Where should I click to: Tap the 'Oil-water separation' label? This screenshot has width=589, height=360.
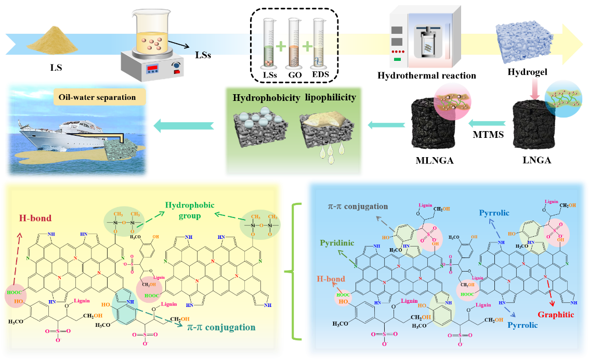98,97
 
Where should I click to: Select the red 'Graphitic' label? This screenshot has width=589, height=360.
556,314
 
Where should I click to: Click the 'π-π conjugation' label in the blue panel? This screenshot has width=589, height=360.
358,207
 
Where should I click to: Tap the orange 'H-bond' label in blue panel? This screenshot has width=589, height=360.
330,279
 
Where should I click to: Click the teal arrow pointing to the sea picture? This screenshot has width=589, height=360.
184,124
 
